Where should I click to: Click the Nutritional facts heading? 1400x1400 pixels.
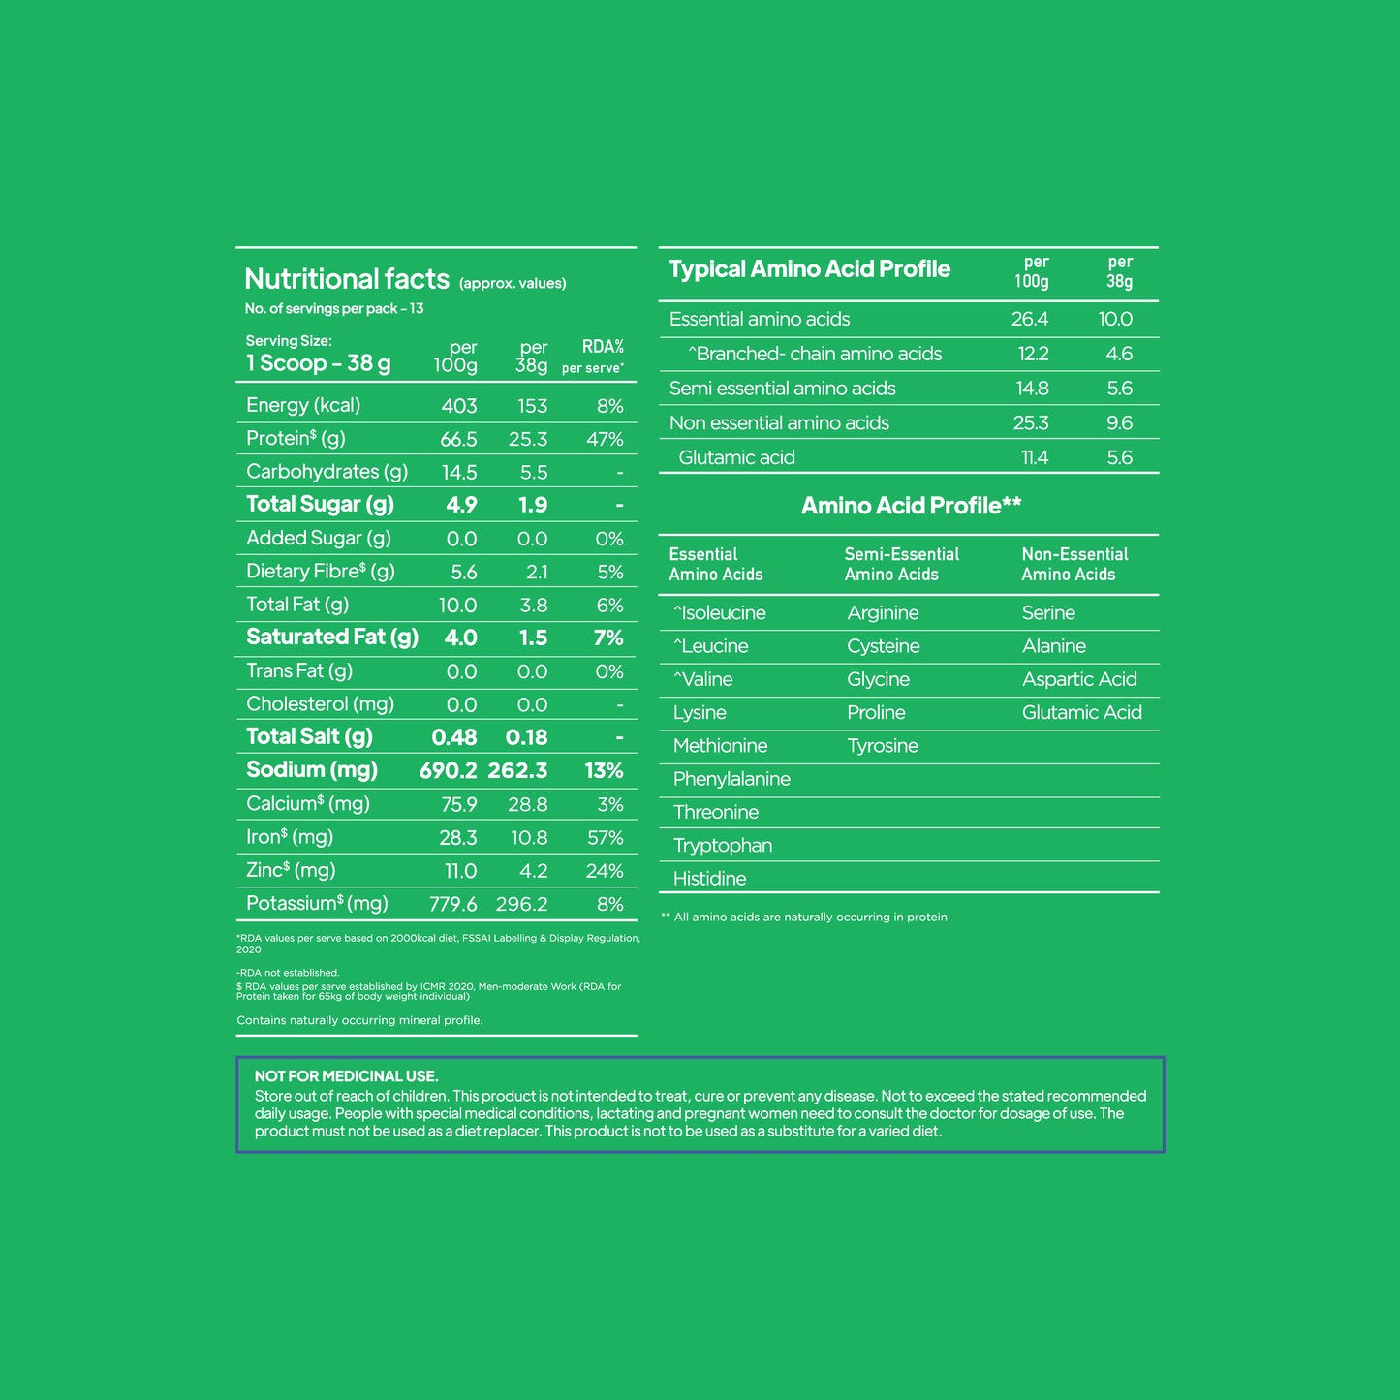pyautogui.click(x=347, y=279)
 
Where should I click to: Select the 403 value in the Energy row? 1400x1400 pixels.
pyautogui.click(x=459, y=406)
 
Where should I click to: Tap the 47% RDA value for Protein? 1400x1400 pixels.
pyautogui.click(x=605, y=439)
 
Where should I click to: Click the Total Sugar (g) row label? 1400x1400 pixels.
pyautogui.click(x=320, y=504)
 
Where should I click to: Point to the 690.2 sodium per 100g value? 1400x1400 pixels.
pyautogui.click(x=448, y=770)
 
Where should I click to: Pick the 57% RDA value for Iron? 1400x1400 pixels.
pyautogui.click(x=605, y=837)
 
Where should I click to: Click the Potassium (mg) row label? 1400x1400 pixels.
pyautogui.click(x=317, y=904)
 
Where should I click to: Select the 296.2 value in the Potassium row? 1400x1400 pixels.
pyautogui.click(x=521, y=904)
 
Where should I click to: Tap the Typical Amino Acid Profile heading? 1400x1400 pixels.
pyautogui.click(x=809, y=269)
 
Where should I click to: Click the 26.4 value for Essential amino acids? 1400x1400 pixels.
pyautogui.click(x=1029, y=319)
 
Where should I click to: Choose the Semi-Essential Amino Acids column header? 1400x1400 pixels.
pyautogui.click(x=901, y=564)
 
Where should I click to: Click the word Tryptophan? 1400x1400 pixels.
pyautogui.click(x=723, y=846)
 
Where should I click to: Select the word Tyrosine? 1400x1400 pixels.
pyautogui.click(x=883, y=746)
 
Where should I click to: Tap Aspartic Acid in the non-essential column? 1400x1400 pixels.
pyautogui.click(x=1079, y=679)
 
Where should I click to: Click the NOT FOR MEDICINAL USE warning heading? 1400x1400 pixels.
pyautogui.click(x=346, y=1075)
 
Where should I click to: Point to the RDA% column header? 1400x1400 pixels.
pyautogui.click(x=602, y=347)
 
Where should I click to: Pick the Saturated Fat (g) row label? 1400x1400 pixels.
pyautogui.click(x=332, y=638)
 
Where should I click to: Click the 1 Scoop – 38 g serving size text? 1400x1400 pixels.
pyautogui.click(x=318, y=363)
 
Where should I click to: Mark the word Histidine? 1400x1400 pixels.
pyautogui.click(x=710, y=879)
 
